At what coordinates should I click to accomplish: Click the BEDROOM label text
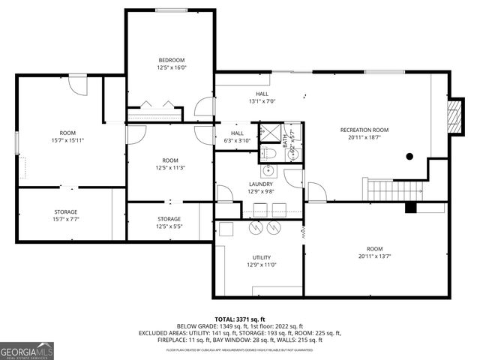click(171, 60)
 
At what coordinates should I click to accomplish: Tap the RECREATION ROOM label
click(364, 130)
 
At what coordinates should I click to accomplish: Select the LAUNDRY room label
click(261, 184)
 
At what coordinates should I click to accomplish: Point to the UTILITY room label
click(261, 256)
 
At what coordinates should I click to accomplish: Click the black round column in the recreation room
click(409, 157)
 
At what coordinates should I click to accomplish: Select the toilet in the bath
click(271, 153)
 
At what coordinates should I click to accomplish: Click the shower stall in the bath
click(269, 133)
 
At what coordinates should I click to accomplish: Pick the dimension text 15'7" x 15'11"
click(67, 140)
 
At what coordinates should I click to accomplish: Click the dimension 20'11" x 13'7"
click(374, 256)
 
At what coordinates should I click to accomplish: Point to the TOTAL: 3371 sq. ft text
click(239, 319)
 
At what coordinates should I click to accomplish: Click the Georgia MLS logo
click(27, 349)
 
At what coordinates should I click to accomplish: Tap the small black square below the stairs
click(410, 208)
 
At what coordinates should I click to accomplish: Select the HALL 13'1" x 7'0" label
click(262, 97)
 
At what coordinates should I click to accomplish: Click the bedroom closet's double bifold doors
click(154, 106)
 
